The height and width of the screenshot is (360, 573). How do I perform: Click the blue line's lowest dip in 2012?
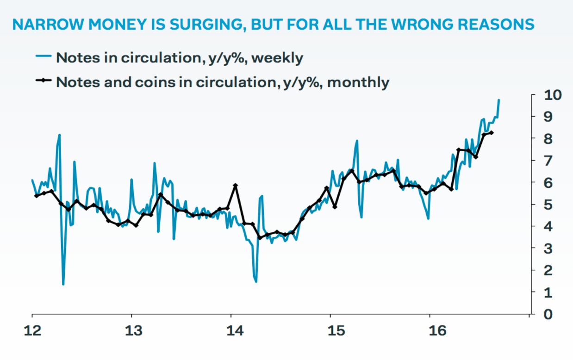63,284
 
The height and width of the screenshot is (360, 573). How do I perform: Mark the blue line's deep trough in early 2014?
256,281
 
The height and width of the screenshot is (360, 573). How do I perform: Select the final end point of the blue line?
498,100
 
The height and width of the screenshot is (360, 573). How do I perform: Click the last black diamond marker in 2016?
492,133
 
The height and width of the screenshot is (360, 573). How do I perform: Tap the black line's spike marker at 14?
236,186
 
